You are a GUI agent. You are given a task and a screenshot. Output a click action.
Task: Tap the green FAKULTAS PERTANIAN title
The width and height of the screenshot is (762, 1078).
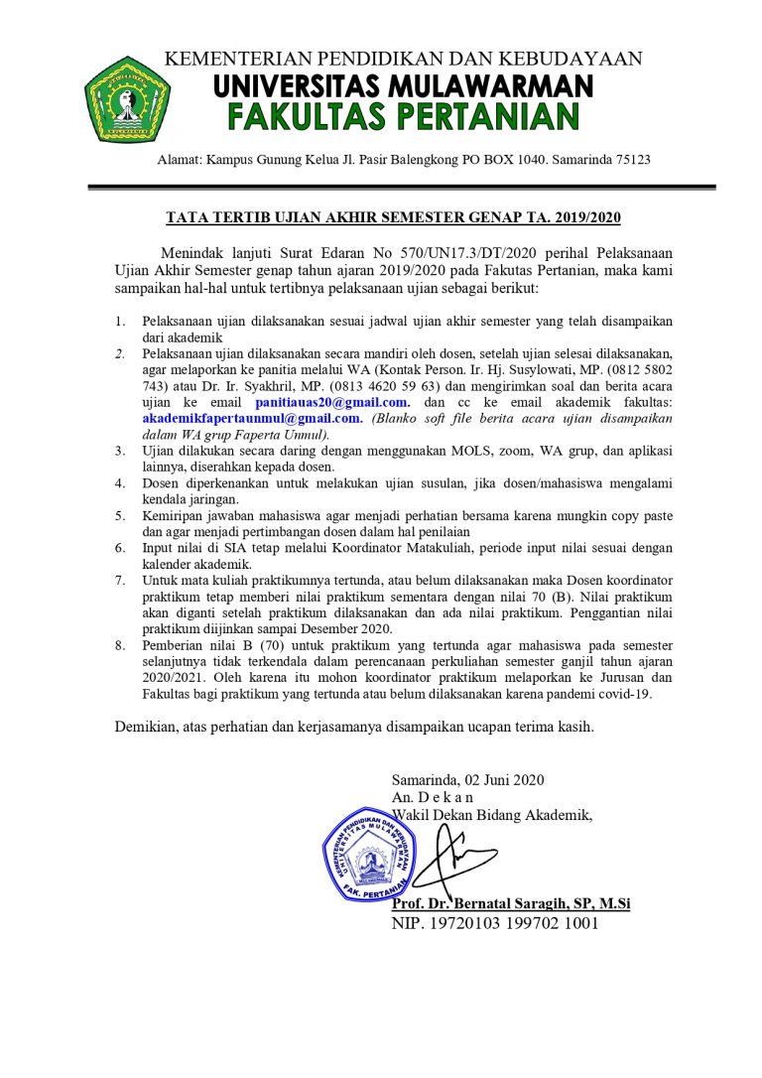[x=403, y=117]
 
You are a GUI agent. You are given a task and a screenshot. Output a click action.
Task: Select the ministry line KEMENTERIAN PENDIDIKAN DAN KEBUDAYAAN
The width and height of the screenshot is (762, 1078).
[x=403, y=59]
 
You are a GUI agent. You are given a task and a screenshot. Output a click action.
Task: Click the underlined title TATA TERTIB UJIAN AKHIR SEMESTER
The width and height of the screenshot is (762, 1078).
[x=392, y=216]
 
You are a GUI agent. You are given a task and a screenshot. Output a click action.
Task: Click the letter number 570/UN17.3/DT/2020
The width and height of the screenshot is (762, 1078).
[x=460, y=250]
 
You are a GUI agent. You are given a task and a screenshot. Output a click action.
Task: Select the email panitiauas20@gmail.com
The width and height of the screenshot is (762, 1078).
[x=332, y=402]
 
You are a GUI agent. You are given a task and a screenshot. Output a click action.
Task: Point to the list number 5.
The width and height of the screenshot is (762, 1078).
[x=119, y=516]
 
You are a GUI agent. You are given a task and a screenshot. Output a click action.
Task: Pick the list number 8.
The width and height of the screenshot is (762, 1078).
[x=119, y=645]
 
